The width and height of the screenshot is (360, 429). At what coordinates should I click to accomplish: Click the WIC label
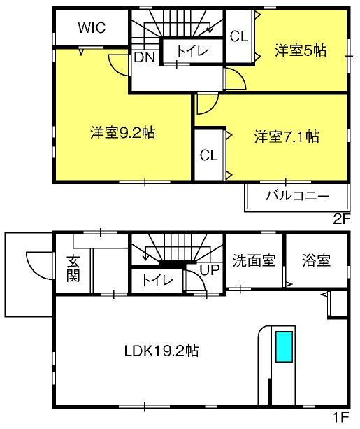tap(92, 27)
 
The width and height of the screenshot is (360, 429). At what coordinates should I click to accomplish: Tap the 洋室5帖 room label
tap(301, 50)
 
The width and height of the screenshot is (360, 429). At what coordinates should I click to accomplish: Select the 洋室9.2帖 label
tap(123, 133)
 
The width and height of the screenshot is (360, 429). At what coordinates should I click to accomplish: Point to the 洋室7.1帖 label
tap(287, 136)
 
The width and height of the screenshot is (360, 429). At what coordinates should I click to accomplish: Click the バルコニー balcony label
tap(297, 196)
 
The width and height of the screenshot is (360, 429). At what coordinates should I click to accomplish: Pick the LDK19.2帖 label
tap(161, 351)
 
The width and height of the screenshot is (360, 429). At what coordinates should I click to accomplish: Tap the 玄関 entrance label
tap(73, 269)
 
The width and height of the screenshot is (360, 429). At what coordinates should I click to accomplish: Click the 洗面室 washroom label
tap(254, 260)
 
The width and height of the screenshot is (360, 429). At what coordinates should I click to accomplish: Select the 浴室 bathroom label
tap(316, 260)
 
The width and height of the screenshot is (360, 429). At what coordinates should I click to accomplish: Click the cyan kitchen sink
tap(284, 346)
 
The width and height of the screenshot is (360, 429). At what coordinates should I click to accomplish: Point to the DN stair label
tap(145, 57)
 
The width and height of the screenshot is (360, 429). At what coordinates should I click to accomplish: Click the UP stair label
tap(210, 269)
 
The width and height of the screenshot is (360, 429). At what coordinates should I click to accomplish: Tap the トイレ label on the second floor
tap(192, 51)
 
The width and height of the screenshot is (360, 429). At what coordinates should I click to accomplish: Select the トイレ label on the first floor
tap(158, 280)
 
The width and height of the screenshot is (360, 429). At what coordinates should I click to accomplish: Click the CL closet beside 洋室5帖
tap(239, 36)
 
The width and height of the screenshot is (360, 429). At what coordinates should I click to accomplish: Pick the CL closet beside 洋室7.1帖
tap(209, 155)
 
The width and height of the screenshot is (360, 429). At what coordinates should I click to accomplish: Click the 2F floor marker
tap(341, 219)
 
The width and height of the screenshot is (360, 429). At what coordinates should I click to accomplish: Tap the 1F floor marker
tap(341, 417)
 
